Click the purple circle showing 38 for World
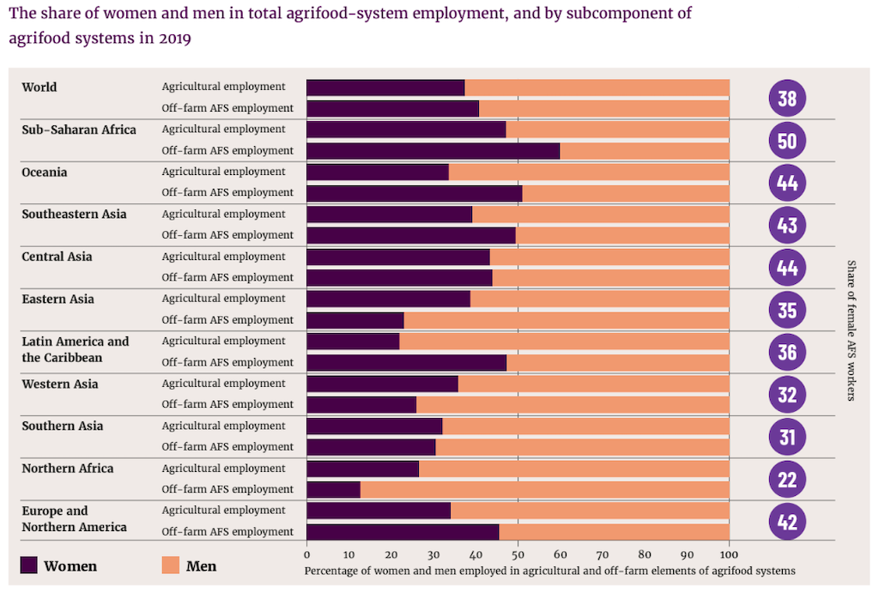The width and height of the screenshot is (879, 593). coord(787,98)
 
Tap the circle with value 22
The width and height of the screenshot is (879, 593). coord(787,479)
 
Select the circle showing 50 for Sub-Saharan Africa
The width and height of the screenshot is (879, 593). coord(787,140)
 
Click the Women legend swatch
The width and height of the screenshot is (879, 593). coord(29,566)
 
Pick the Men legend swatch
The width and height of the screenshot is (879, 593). coord(171,566)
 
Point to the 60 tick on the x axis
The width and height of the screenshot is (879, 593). coord(560,554)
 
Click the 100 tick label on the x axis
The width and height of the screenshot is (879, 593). coord(729,554)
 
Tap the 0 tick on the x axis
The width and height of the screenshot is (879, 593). coord(306,554)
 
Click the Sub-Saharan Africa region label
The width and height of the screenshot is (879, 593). coord(79,130)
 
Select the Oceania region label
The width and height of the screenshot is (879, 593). coord(45,172)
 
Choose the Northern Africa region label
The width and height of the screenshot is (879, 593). coord(68,469)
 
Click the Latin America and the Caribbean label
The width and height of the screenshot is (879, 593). coord(76,349)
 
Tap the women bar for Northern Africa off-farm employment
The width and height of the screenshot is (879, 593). coord(333,489)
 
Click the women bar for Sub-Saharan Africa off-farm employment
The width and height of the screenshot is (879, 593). coord(433,151)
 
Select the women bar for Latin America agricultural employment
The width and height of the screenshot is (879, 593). coord(353,342)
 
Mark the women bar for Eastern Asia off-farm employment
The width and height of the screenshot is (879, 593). coord(355,320)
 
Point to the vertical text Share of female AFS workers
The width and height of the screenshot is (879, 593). coord(852,330)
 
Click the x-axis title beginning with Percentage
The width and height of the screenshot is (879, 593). coord(549,571)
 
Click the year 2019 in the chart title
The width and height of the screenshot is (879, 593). coord(175,39)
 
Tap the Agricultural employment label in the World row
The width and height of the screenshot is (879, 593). coord(223,87)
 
